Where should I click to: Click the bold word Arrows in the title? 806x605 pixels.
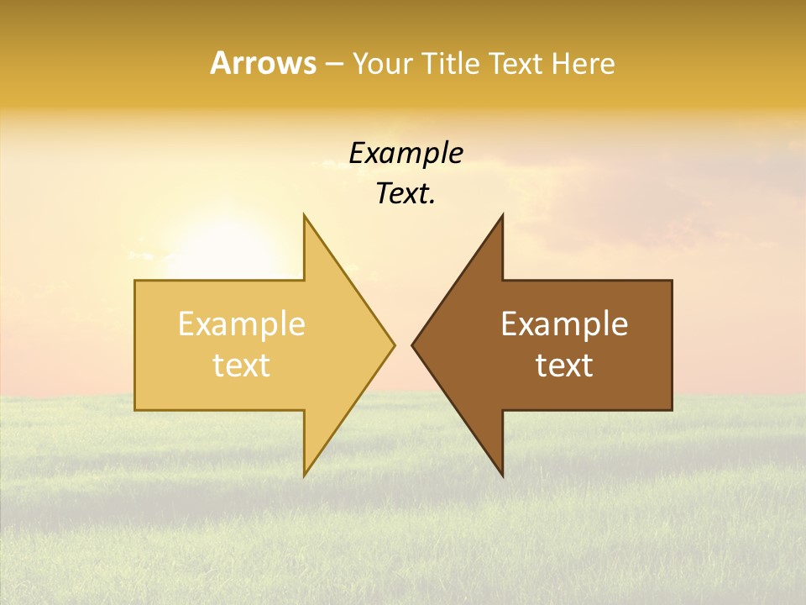263,63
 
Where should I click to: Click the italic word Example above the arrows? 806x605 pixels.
406,153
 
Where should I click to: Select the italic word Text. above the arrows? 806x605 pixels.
404,194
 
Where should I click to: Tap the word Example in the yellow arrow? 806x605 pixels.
241,324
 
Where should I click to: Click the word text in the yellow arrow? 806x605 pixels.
241,366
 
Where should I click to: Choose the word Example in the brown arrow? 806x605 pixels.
564,324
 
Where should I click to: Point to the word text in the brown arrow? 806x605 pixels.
564,366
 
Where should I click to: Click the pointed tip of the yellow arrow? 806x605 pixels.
394,345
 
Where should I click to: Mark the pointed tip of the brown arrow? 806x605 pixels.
413,345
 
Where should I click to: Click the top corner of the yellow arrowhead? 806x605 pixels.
305,216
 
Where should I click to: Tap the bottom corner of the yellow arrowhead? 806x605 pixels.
305,475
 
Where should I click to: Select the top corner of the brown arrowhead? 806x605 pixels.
502,216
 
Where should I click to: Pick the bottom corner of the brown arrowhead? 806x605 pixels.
502,475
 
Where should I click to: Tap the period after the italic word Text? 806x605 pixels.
432,203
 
